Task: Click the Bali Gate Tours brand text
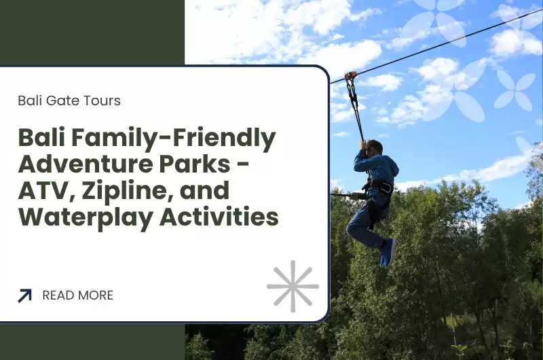[69, 101]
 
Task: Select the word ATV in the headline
[40, 192]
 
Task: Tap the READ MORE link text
[77, 295]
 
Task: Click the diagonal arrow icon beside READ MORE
[25, 295]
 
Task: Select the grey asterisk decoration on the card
[293, 286]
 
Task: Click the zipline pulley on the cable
[350, 76]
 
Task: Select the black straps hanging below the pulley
[354, 105]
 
